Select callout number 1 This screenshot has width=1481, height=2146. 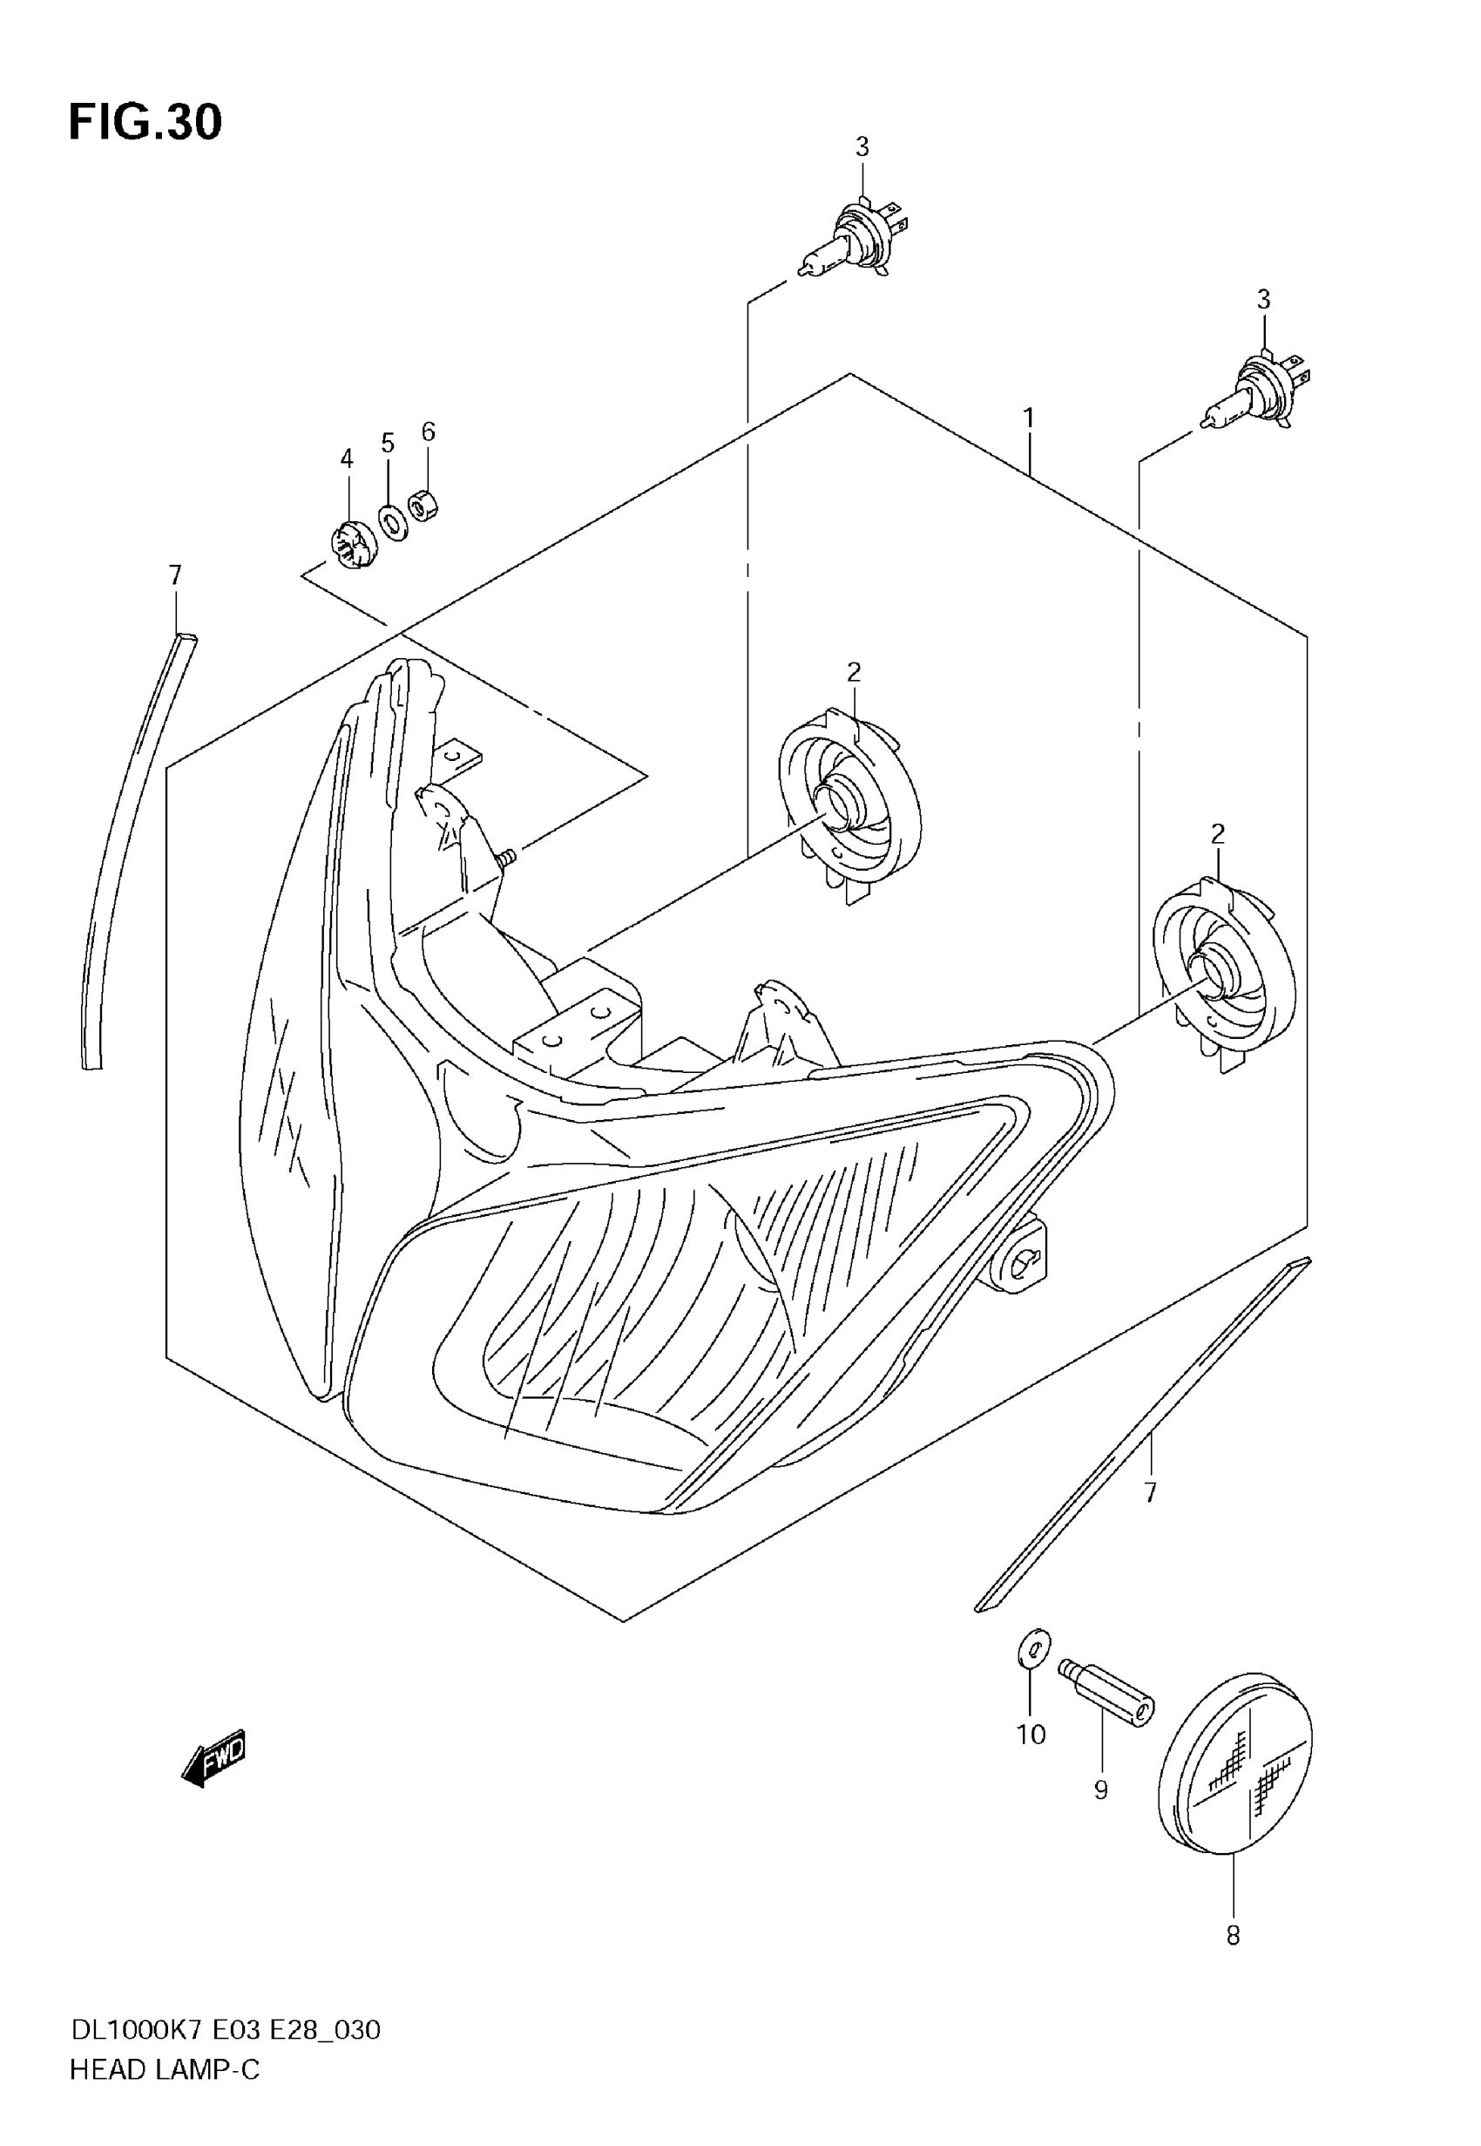point(1028,418)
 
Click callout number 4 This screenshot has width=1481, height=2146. point(346,458)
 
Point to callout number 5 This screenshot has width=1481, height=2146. point(388,443)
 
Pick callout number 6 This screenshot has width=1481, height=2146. point(428,431)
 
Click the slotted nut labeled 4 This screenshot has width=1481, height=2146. point(354,545)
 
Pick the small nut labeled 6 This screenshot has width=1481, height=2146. point(424,506)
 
